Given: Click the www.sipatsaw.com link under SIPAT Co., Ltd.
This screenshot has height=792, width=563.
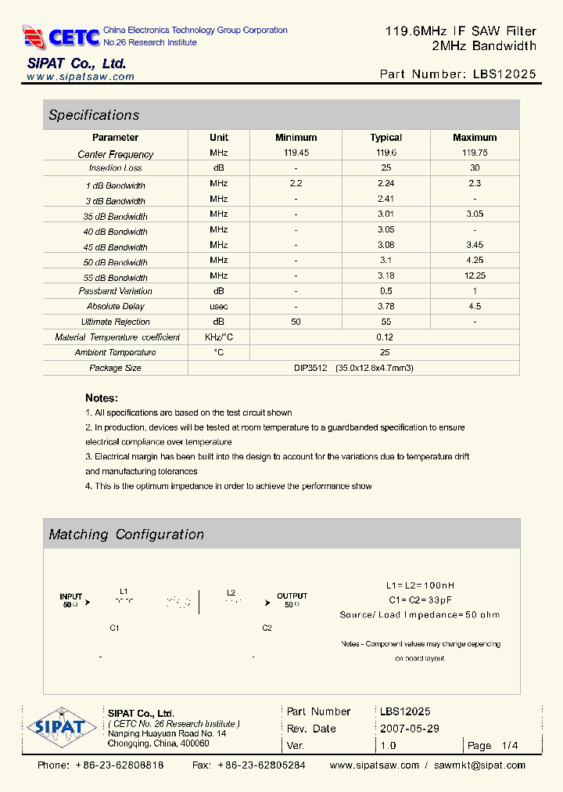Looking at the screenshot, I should tap(81, 77).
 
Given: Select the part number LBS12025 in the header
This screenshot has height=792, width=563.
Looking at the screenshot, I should tap(505, 74).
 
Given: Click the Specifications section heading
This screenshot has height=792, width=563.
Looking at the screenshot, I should tap(94, 115).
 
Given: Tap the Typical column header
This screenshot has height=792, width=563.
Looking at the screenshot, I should tap(385, 138).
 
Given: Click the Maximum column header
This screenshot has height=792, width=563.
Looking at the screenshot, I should tap(475, 138).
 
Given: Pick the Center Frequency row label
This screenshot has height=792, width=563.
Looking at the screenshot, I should tap(116, 154).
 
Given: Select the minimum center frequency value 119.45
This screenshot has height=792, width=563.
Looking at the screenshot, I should tap(296, 153).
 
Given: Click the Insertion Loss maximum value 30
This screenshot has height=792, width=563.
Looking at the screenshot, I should tap(475, 168).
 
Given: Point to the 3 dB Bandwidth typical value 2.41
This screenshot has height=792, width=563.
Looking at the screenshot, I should tap(385, 199).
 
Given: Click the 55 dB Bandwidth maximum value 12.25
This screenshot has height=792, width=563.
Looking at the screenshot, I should tap(475, 275).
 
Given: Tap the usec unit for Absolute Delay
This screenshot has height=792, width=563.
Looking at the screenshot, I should tap(219, 306).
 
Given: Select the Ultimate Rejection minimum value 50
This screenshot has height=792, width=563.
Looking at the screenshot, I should tap(296, 322).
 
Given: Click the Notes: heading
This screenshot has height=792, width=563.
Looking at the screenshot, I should tap(102, 398).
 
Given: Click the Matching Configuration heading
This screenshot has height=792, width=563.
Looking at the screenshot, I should tap(126, 535).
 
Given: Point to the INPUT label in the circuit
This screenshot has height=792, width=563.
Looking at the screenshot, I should tap(70, 596).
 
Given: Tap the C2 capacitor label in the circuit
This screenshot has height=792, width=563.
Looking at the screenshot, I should tap(267, 628).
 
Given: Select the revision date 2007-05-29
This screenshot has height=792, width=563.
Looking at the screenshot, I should tap(410, 728).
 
